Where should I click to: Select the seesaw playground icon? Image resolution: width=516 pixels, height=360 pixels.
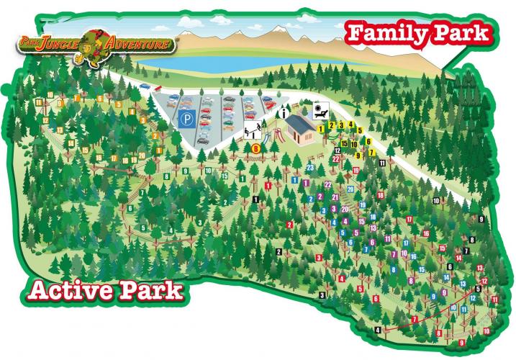pyautogui.click(x=252, y=132)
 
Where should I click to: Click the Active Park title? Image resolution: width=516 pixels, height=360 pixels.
pyautogui.click(x=105, y=292)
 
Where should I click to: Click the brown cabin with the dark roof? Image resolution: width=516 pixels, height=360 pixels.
pyautogui.click(x=302, y=130)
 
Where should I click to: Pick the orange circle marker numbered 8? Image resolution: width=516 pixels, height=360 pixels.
pyautogui.click(x=255, y=148)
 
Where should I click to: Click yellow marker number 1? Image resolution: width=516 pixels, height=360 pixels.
pyautogui.click(x=321, y=128)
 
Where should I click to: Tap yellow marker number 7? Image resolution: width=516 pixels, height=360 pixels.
pyautogui.click(x=370, y=153)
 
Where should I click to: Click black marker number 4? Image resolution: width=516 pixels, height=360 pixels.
pyautogui.click(x=377, y=330)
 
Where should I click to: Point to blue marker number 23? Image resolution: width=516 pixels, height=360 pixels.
pyautogui.click(x=309, y=167)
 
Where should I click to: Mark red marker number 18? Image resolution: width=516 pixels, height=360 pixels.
pyautogui.click(x=380, y=195)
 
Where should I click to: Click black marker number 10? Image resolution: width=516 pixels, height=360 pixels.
pyautogui.click(x=435, y=200)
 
